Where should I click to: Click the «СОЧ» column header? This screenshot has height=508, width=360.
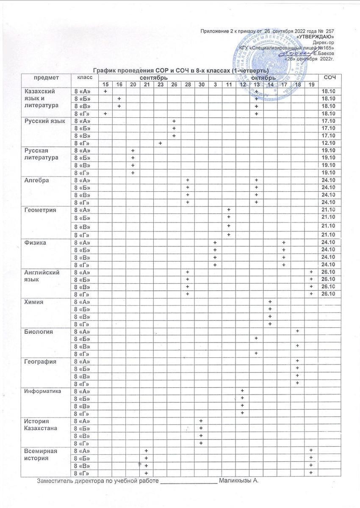[329, 77]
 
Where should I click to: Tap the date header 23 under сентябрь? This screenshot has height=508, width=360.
[161, 85]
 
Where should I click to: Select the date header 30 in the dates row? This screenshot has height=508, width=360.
[201, 85]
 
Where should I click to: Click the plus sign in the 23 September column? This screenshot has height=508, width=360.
[161, 143]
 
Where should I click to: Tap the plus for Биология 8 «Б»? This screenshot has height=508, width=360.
[256, 338]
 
